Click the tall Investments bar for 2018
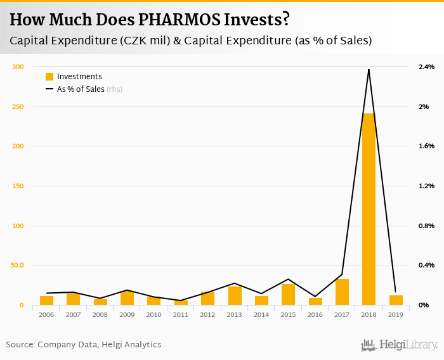coord(369,209)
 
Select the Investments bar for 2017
coord(342,292)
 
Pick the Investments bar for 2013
coord(235,296)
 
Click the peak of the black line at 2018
coord(369,69)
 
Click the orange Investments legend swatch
coord(49,77)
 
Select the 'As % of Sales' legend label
coord(81,89)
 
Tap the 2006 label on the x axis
coord(46,314)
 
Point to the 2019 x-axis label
coord(396,314)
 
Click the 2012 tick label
coord(207,314)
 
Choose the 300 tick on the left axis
coord(18,67)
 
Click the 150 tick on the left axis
coord(18,186)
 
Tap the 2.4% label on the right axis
coord(426,67)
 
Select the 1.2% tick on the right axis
coord(426,186)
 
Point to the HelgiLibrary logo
coord(399,345)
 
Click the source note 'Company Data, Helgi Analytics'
coord(99,345)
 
